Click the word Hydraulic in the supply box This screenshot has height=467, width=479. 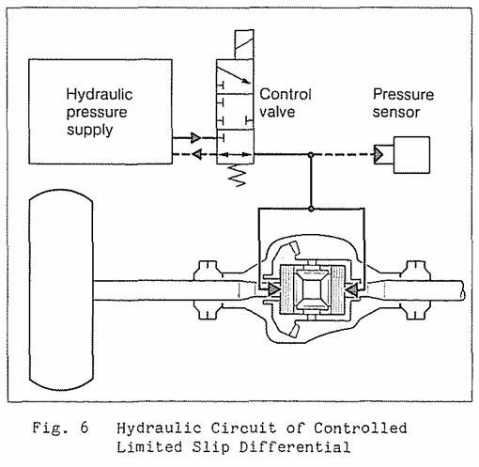coord(100,94)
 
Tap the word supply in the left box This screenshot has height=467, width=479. coord(89,130)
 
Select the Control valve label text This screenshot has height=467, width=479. coord(286,102)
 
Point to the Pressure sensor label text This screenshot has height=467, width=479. coord(403,103)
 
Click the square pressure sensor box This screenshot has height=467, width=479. coord(411,155)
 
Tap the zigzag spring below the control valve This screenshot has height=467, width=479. coord(238,176)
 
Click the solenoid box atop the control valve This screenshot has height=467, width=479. coord(244,44)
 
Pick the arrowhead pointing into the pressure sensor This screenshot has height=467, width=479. coord(379,154)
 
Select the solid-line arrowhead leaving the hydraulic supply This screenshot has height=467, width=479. coord(195,137)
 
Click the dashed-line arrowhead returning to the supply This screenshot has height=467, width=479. coord(197,154)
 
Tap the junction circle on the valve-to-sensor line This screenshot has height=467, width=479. coord(311,155)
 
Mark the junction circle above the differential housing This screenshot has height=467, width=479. coord(311,209)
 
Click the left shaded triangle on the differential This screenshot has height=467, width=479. coord(273,289)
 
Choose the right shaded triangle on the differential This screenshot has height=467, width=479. coord(351,289)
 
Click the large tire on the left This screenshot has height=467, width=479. coord(61,289)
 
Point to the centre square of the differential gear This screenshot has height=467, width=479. coord(313,289)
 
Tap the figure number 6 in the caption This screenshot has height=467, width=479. coord(84,428)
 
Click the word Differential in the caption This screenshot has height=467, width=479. coord(295,447)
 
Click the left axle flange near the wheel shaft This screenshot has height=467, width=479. coord(207,289)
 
